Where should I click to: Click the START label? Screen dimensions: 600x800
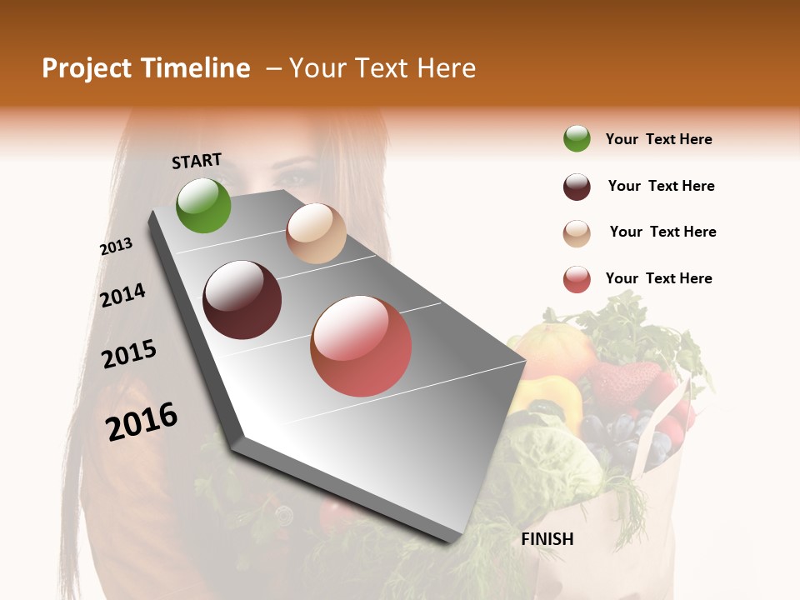[197, 161]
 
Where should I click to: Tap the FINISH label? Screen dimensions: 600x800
[547, 539]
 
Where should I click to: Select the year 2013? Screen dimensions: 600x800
[116, 247]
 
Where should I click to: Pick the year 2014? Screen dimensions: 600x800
[122, 296]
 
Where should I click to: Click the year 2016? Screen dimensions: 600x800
[142, 421]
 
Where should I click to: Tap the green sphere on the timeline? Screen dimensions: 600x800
[203, 206]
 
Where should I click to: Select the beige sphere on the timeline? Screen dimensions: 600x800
[316, 233]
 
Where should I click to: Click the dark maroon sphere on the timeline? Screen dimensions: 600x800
[242, 300]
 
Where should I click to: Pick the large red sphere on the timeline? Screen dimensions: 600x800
[361, 346]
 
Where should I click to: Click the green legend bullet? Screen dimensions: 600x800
[577, 139]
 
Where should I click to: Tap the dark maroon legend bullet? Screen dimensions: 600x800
[577, 187]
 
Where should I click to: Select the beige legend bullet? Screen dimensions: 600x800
[577, 233]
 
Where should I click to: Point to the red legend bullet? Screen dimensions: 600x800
[577, 280]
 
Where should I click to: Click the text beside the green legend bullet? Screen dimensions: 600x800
[658, 139]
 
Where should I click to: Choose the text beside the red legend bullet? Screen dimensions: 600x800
[658, 278]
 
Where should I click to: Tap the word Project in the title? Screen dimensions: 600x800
[87, 68]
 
